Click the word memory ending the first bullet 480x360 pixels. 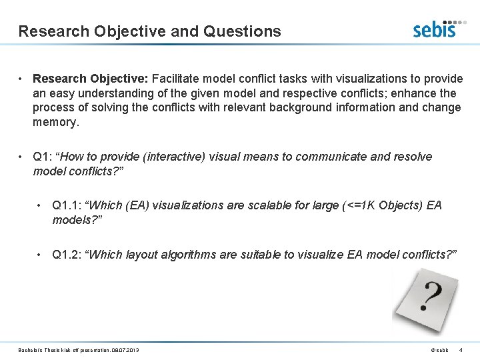(x=55, y=122)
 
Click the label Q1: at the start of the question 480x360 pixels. (x=42, y=157)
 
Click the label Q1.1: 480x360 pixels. (x=67, y=205)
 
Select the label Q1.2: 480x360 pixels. (x=67, y=254)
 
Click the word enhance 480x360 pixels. (x=416, y=93)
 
